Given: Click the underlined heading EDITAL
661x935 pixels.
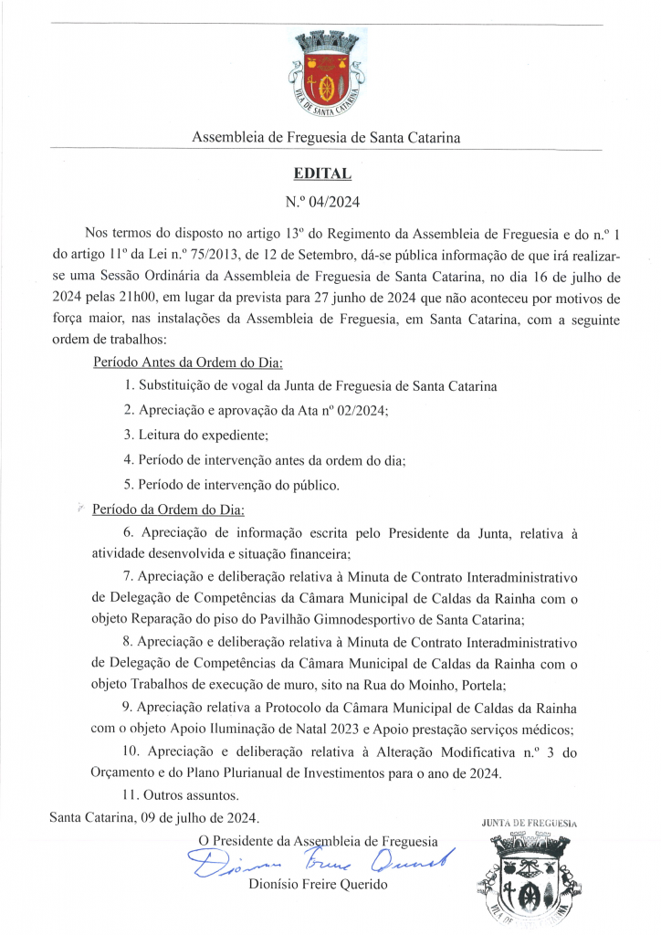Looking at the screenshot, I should pyautogui.click(x=322, y=173).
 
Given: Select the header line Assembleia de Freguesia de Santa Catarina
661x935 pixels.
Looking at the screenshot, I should pyautogui.click(x=326, y=138).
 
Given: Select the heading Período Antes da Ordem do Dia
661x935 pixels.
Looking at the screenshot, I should pyautogui.click(x=188, y=362).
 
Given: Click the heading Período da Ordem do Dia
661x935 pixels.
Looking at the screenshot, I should pyautogui.click(x=169, y=510).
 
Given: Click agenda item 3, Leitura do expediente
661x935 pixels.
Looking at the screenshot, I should pyautogui.click(x=195, y=435).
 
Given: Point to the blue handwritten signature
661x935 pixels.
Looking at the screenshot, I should pyautogui.click(x=320, y=861).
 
